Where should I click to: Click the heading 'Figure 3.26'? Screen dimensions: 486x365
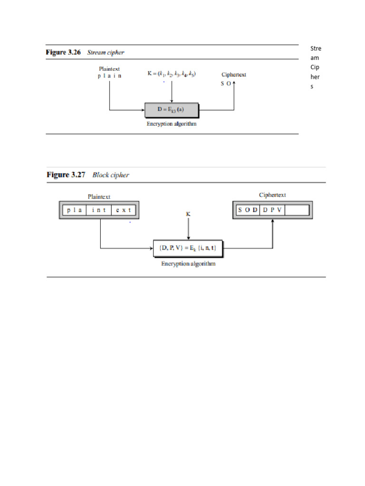coord(65,52)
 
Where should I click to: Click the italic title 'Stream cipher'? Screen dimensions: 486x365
coord(106,52)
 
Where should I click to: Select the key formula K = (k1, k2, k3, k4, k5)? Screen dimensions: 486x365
coord(172,74)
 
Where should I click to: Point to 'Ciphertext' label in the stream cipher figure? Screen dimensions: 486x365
coord(234,75)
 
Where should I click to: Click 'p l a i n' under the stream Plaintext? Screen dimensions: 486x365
coord(109,76)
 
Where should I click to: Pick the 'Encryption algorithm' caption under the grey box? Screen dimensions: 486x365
coord(172,124)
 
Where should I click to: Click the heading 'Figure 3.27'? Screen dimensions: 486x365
coord(66,175)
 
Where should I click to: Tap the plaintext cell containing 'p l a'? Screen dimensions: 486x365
coord(74,210)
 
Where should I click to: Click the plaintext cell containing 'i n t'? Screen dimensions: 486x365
coord(99,210)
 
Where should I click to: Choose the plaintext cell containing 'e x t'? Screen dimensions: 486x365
coord(124,210)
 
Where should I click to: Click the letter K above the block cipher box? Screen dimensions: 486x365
coord(188,215)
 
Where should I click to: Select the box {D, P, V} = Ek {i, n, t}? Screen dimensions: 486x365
coord(188,247)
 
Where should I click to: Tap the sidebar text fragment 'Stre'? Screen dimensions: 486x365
coord(316,48)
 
